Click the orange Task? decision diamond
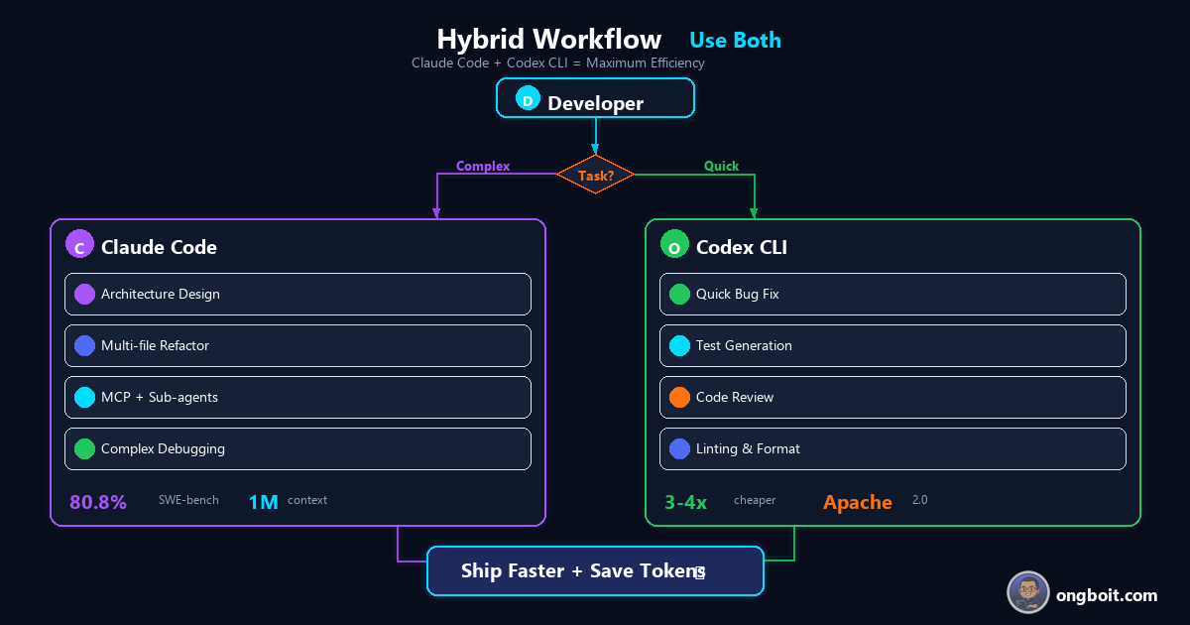[x=595, y=175]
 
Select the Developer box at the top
[x=595, y=99]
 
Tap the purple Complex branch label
[x=482, y=167]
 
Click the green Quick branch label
[x=721, y=167]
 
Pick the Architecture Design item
[x=297, y=295]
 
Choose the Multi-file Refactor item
[x=297, y=346]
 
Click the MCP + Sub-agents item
[x=297, y=398]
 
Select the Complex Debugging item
[x=297, y=449]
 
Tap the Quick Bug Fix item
[x=892, y=295]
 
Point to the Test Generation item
[x=892, y=346]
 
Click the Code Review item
[x=892, y=398]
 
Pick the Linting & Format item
[x=892, y=449]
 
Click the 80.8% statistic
[x=98, y=503]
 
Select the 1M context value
[x=263, y=503]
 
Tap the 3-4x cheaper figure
[x=685, y=503]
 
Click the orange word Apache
[x=857, y=503]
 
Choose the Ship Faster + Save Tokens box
[x=595, y=571]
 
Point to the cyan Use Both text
[x=735, y=41]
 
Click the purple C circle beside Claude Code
[x=79, y=246]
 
